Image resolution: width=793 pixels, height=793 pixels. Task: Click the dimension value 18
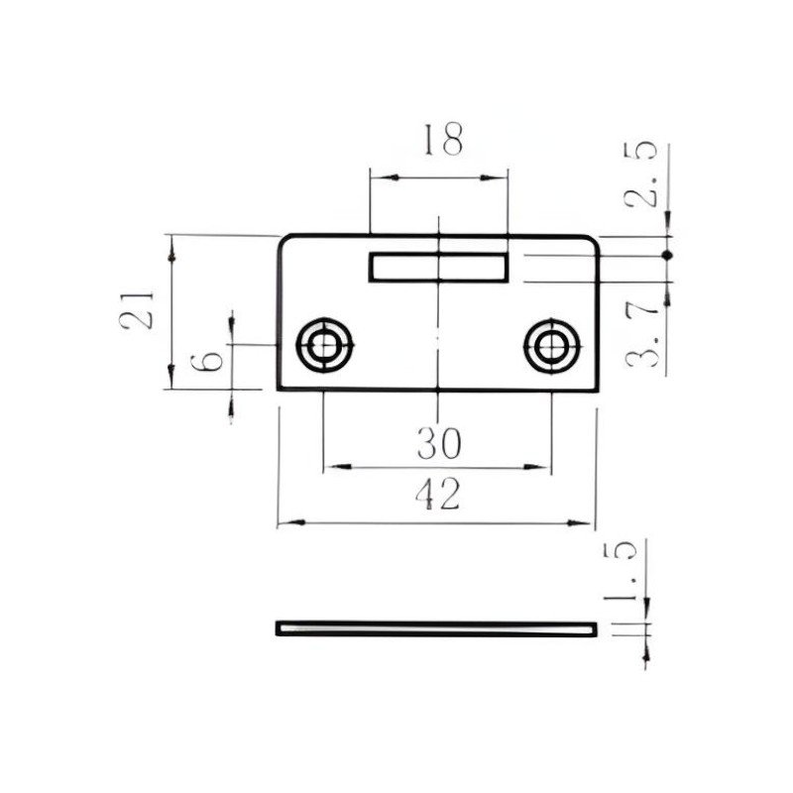(x=443, y=139)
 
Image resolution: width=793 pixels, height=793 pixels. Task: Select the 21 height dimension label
(x=136, y=310)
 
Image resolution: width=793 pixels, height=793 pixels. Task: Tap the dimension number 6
(x=206, y=361)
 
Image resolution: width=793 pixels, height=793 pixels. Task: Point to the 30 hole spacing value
(x=439, y=443)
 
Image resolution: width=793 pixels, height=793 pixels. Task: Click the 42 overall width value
(x=438, y=494)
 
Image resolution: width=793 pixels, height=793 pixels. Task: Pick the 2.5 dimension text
(x=640, y=174)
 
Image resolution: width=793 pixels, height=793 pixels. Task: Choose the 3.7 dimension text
(x=642, y=336)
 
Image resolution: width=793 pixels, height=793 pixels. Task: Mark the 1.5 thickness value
(x=621, y=572)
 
